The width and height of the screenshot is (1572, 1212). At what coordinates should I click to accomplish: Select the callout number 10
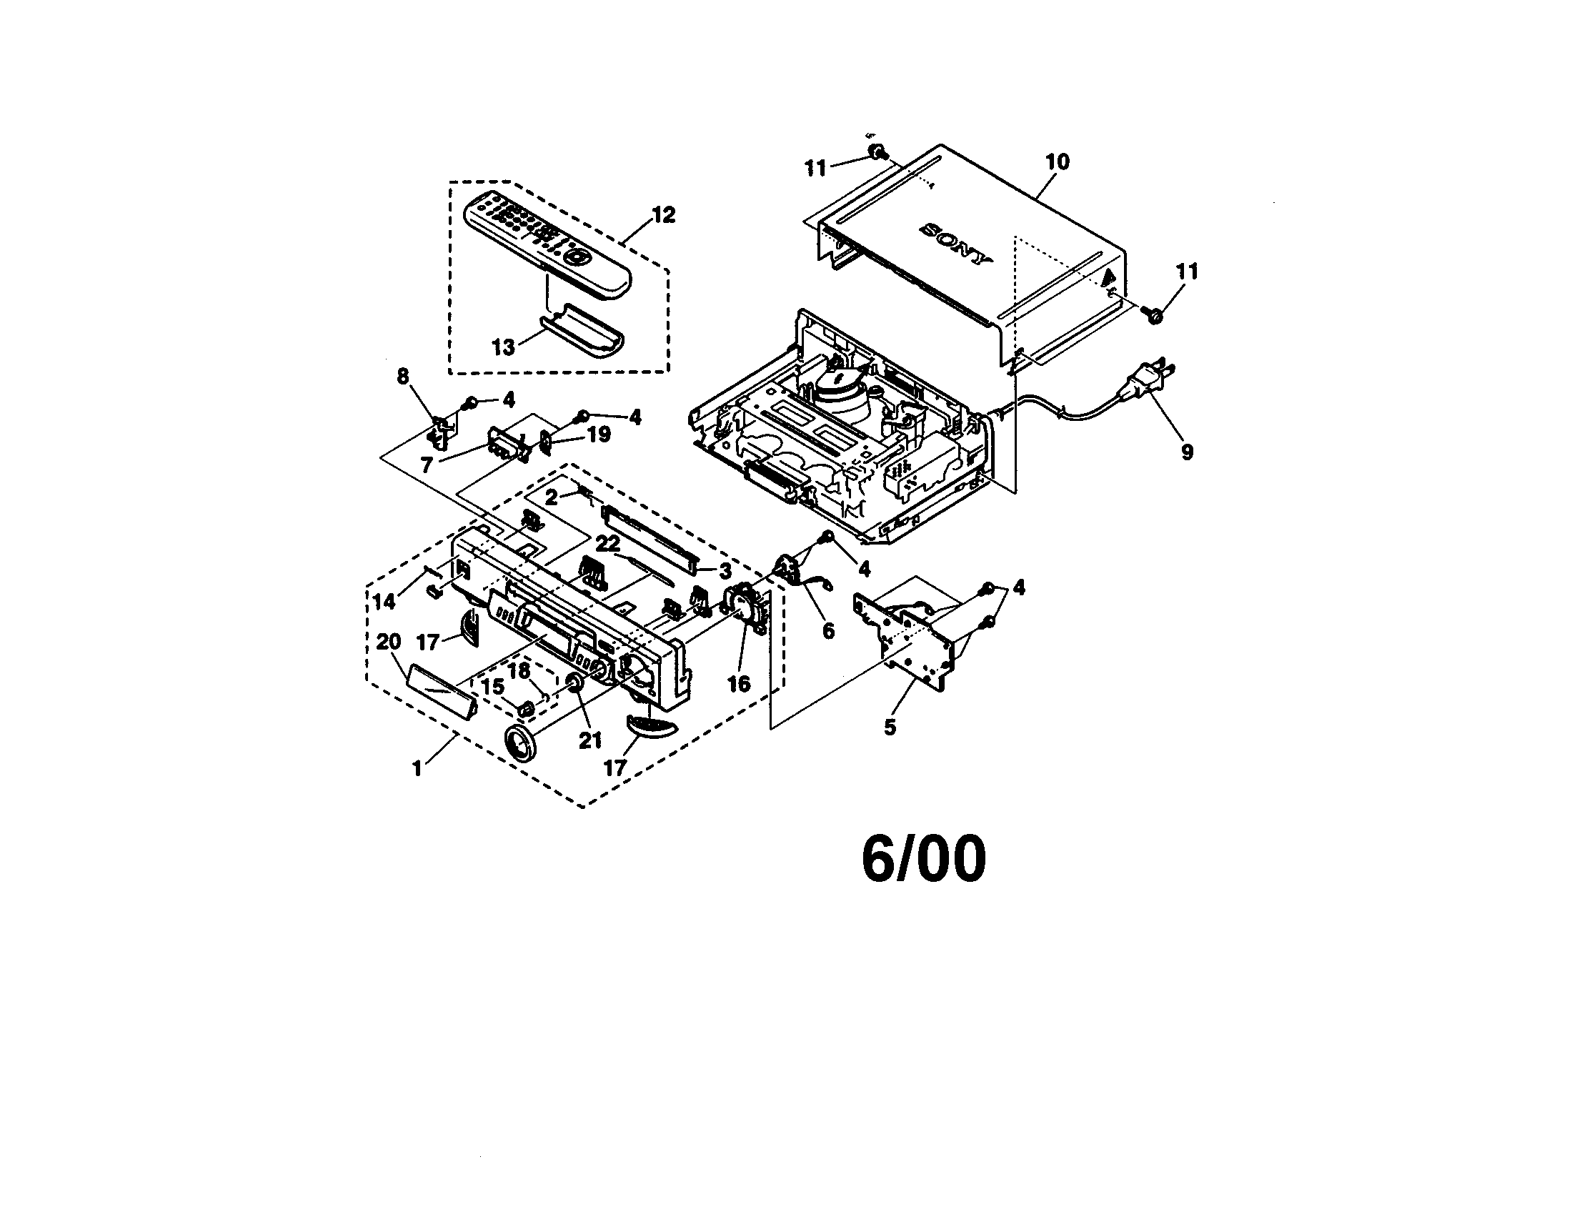point(1058,162)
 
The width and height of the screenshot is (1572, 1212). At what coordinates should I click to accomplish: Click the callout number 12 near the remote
point(663,214)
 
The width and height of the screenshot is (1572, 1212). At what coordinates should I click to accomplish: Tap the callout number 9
point(1187,451)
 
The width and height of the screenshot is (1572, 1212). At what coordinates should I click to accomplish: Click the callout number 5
point(890,727)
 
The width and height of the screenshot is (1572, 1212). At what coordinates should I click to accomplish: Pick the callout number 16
point(740,684)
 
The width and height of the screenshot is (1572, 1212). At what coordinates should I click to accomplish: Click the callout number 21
point(590,740)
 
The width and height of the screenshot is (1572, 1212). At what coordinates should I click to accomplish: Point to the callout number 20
point(389,641)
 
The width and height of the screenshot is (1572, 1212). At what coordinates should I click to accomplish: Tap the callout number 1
point(417,769)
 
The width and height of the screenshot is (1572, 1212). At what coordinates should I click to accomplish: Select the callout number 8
point(403,377)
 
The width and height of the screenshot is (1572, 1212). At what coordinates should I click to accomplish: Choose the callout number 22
point(608,544)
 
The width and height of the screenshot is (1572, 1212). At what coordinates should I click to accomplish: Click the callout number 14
point(385,602)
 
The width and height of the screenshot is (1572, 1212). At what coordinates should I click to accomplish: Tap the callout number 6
point(828,631)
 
